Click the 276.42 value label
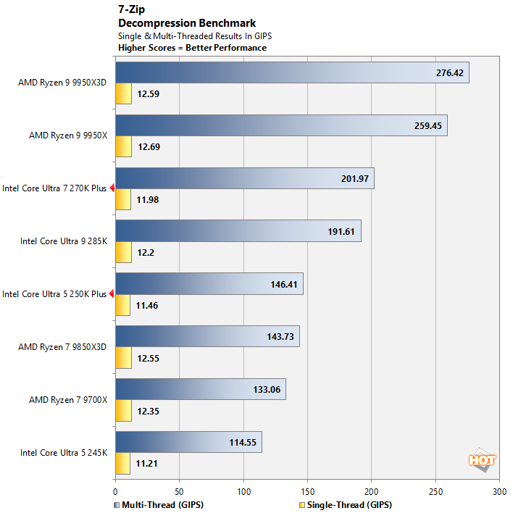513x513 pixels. (x=449, y=73)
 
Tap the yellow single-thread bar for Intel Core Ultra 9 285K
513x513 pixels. (x=122, y=252)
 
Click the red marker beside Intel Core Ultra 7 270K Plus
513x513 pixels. (x=112, y=188)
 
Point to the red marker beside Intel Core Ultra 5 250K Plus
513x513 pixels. (x=112, y=293)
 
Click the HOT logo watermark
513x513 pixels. (x=482, y=459)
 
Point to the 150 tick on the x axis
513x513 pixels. (x=307, y=491)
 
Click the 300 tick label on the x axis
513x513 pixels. (x=499, y=491)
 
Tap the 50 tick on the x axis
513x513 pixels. (x=179, y=491)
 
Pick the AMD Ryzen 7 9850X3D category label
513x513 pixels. (x=62, y=346)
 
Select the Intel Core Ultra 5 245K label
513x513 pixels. (x=64, y=453)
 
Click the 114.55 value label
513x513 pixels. (x=243, y=442)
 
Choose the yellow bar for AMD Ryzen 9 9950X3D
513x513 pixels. (x=123, y=93)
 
